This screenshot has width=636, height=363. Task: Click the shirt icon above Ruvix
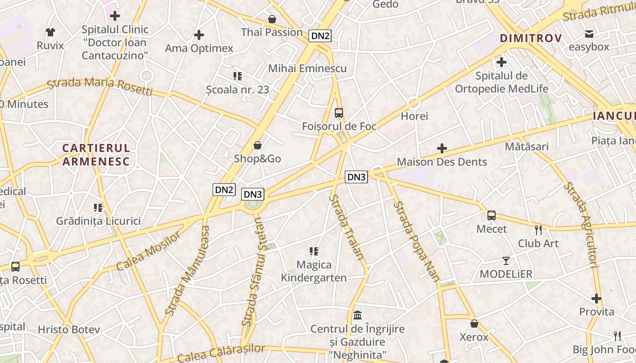[x=50, y=32]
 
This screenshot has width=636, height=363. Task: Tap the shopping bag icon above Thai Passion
[x=272, y=19]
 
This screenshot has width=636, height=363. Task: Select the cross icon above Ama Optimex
[x=199, y=35]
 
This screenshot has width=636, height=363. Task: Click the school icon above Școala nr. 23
[x=237, y=76]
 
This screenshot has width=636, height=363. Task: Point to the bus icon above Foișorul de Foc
[x=338, y=113]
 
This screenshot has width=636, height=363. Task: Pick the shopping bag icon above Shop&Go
[x=258, y=145]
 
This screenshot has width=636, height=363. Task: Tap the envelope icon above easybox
[x=589, y=34]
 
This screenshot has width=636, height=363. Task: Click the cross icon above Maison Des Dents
[x=442, y=148]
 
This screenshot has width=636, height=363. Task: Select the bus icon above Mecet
[x=492, y=216]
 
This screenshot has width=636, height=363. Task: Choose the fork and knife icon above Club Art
[x=538, y=230]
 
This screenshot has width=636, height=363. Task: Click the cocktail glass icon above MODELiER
[x=506, y=261]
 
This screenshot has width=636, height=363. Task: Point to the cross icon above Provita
[x=596, y=299]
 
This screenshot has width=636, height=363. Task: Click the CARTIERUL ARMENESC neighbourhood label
[x=96, y=154]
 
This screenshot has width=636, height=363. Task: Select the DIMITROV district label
[x=531, y=38]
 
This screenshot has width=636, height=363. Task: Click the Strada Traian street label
[x=348, y=227]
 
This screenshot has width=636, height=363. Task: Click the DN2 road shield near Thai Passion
[x=320, y=36]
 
